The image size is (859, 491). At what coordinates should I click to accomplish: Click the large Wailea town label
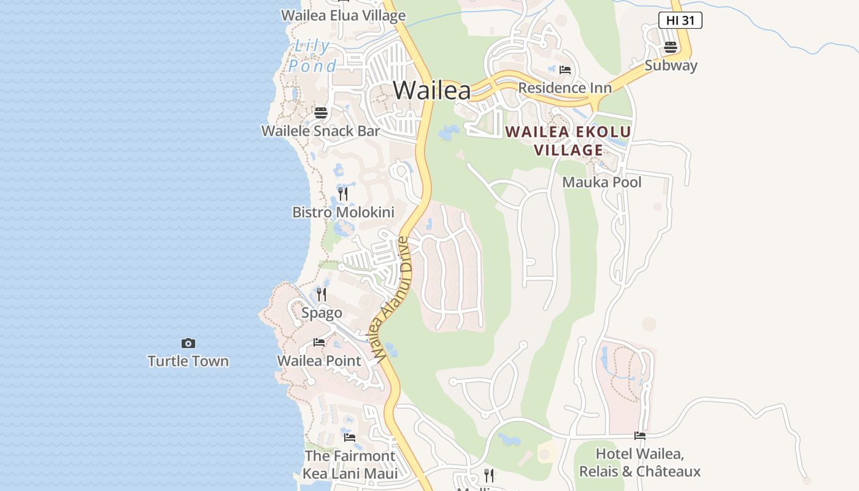point(432,91)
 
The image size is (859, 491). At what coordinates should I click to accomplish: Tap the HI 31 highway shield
point(680,20)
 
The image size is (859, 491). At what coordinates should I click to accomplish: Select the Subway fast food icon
point(671,47)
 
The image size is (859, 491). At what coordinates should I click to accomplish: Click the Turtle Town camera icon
point(188,343)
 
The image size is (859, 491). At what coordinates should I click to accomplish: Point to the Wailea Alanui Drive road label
point(390,300)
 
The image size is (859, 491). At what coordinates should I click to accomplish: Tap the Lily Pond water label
point(312,56)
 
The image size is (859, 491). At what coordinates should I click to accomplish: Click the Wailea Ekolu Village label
point(568,141)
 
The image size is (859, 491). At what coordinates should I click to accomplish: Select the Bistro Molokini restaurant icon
point(343,194)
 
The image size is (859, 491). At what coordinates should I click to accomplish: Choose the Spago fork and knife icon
point(322,295)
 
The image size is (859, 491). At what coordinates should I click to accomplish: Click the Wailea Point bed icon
point(319,342)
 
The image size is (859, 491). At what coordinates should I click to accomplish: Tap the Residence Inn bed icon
point(565,70)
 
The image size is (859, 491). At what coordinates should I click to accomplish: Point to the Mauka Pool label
point(602,182)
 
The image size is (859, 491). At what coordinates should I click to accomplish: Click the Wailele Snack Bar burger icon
point(321,113)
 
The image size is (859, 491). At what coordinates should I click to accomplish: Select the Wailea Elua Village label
point(343,15)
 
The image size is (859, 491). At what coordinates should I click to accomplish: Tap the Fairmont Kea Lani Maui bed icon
point(350,438)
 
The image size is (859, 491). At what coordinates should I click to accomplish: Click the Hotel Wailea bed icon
point(640,436)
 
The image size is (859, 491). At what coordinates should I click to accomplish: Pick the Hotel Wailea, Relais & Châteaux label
point(640,463)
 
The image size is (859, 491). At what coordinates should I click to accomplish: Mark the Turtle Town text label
point(188,361)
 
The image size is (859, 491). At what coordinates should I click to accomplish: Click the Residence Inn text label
point(564,88)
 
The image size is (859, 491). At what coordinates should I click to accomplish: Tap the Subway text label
point(671,66)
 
